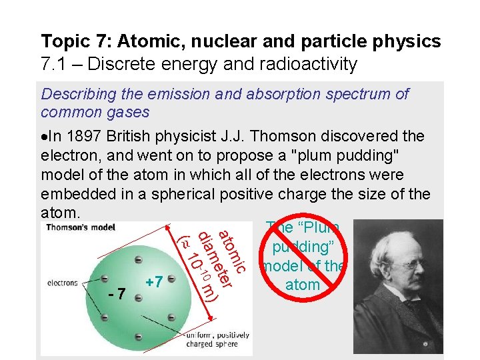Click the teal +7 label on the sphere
(x=155, y=282)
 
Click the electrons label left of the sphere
(x=62, y=283)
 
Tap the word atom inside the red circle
(x=302, y=285)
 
